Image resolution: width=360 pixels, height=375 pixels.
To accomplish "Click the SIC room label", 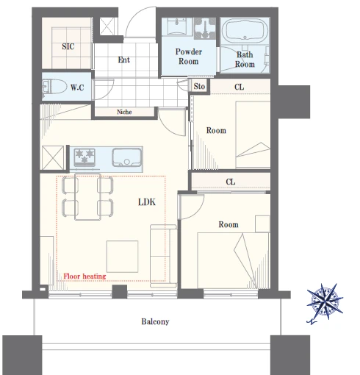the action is pyautogui.click(x=68, y=46).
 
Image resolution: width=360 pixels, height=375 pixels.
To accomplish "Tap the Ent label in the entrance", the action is pyautogui.click(x=124, y=60).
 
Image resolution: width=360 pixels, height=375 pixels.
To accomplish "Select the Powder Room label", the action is pyautogui.click(x=189, y=57).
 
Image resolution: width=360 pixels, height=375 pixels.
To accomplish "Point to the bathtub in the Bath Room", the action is pyautogui.click(x=245, y=31).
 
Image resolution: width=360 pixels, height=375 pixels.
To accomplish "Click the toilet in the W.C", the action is pyautogui.click(x=54, y=87).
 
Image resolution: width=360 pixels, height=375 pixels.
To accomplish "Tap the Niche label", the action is pyautogui.click(x=124, y=112).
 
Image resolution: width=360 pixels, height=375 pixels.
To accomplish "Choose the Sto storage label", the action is pyautogui.click(x=199, y=86).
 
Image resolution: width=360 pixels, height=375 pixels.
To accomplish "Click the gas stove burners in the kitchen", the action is pyautogui.click(x=84, y=157).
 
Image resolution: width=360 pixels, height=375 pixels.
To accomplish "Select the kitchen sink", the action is pyautogui.click(x=127, y=157).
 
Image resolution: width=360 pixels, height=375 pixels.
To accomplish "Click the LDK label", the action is pyautogui.click(x=147, y=202).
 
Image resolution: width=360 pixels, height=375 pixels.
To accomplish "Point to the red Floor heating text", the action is pyautogui.click(x=84, y=276).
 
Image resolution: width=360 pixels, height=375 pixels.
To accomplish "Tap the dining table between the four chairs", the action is pyautogui.click(x=87, y=197).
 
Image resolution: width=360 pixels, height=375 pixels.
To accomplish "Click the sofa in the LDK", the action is pyautogui.click(x=163, y=256).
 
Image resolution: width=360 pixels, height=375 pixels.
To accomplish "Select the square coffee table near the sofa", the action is pyautogui.click(x=122, y=257).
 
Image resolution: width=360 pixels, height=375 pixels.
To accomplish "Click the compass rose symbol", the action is pyautogui.click(x=325, y=303).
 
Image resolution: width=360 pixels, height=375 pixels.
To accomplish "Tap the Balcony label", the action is pyautogui.click(x=155, y=321).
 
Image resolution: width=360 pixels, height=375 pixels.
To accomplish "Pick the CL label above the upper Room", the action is pyautogui.click(x=239, y=87).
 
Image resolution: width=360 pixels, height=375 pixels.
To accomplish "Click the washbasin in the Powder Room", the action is pyautogui.click(x=177, y=26).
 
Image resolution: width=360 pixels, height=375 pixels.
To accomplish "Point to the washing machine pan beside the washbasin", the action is pyautogui.click(x=205, y=29).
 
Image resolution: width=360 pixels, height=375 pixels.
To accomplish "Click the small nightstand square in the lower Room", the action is pyautogui.click(x=262, y=224).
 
